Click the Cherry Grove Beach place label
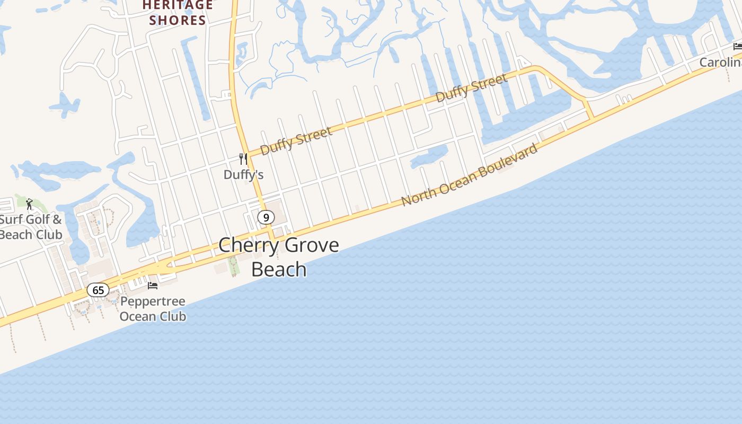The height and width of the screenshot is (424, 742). pyautogui.click(x=279, y=257)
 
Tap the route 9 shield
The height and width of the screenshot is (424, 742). pyautogui.click(x=266, y=217)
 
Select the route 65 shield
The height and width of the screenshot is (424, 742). pyautogui.click(x=98, y=290)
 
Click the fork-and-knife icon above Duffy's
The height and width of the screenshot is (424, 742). pyautogui.click(x=243, y=158)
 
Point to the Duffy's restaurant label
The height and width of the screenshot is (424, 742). pyautogui.click(x=243, y=174)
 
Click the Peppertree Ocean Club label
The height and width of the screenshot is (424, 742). pyautogui.click(x=153, y=309)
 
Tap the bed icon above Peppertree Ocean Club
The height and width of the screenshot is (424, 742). pyautogui.click(x=153, y=286)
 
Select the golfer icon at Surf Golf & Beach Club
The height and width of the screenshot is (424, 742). pyautogui.click(x=29, y=204)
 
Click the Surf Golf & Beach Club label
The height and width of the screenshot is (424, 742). pyautogui.click(x=31, y=227)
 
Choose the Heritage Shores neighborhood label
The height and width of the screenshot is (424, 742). pyautogui.click(x=178, y=13)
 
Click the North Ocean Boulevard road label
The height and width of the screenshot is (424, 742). pyautogui.click(x=470, y=174)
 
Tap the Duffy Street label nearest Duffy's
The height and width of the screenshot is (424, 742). pyautogui.click(x=296, y=140)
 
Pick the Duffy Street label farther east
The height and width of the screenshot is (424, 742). pyautogui.click(x=471, y=88)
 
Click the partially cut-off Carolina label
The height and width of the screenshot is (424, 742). pyautogui.click(x=720, y=62)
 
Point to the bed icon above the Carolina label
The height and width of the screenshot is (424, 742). pyautogui.click(x=737, y=47)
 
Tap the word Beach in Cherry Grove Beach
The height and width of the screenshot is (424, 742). pyautogui.click(x=279, y=269)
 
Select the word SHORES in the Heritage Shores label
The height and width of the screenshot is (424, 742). pyautogui.click(x=178, y=21)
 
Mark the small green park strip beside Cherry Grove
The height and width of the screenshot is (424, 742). pyautogui.click(x=234, y=265)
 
